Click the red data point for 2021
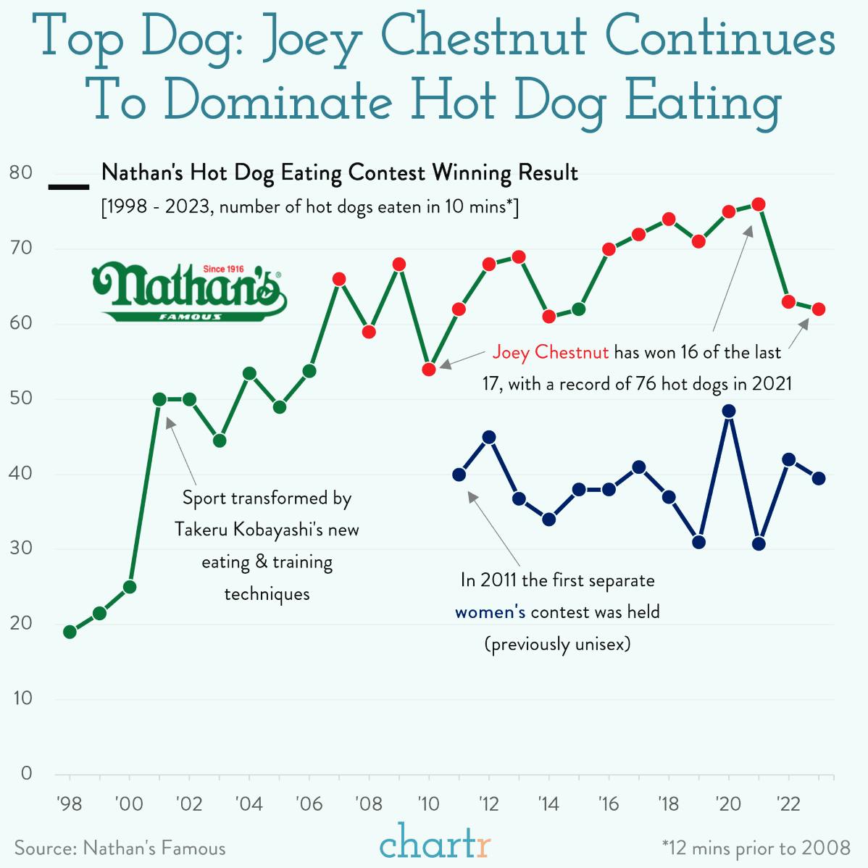(x=759, y=204)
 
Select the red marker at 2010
(x=428, y=370)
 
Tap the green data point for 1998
(x=70, y=632)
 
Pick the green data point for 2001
(x=159, y=399)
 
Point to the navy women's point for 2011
(x=459, y=475)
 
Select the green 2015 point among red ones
(x=579, y=309)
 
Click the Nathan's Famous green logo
(x=189, y=292)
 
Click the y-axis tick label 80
(x=22, y=173)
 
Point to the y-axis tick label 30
(x=22, y=548)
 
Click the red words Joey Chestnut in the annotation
(x=550, y=353)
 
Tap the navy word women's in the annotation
(x=490, y=612)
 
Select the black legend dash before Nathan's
(x=68, y=188)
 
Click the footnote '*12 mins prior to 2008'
(x=756, y=848)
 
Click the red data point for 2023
(x=819, y=309)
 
